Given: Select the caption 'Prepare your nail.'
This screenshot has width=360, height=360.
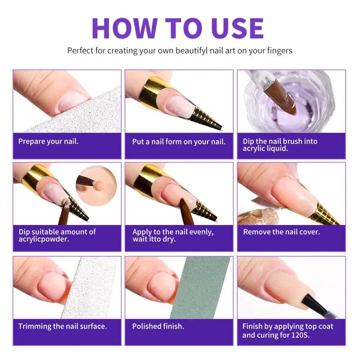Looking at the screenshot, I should pos(49,142).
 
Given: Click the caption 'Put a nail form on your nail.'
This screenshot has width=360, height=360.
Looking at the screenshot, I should pos(179,142).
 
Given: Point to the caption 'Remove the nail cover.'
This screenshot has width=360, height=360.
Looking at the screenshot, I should pos(281,232).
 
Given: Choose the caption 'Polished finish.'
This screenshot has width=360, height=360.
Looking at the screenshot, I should pos(158,326).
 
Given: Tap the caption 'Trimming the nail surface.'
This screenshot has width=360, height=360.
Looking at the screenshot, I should pos(62,326).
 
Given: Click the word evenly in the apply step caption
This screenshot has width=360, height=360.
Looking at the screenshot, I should pos(201,232).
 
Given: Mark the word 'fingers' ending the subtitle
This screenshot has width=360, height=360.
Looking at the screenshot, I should pos(280,51).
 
